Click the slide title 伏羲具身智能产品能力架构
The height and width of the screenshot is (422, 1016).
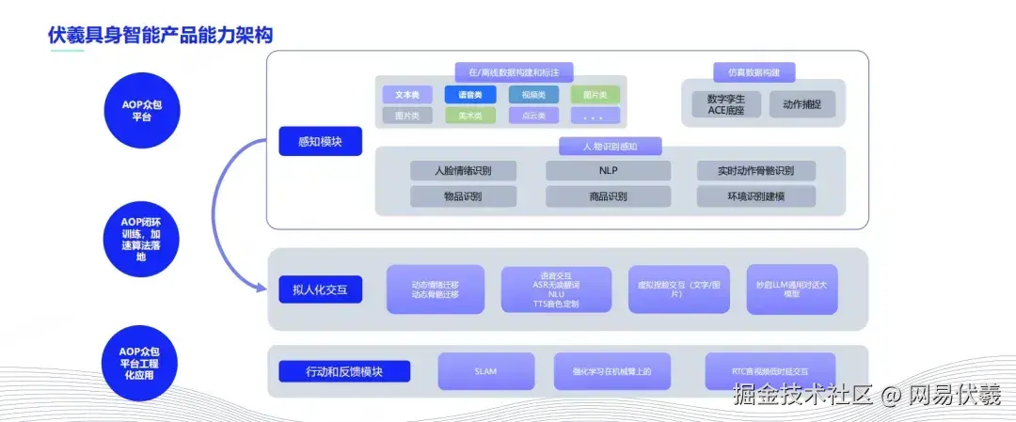coord(160,36)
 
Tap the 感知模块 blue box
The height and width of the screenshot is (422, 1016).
coord(319,141)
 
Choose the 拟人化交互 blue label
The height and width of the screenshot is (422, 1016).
coord(320,289)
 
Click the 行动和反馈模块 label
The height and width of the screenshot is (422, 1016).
coord(344,371)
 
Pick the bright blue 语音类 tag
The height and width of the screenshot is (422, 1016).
coord(469,95)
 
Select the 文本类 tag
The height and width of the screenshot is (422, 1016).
coord(407,95)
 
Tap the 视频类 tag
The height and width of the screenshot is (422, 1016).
coord(533,95)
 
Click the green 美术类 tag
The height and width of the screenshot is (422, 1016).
coord(469,116)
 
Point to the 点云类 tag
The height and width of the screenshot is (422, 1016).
coord(533,116)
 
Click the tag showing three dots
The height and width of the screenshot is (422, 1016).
coord(595,116)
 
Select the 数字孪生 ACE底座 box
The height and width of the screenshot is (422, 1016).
coord(723,104)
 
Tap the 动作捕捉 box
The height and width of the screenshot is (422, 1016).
coord(802,104)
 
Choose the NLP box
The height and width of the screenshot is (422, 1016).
coord(608,171)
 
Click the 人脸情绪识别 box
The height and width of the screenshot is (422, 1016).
coord(463,171)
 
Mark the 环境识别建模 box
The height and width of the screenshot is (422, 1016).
coord(755,196)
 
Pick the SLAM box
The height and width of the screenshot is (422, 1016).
coord(485,371)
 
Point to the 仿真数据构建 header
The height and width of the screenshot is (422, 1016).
coord(754,71)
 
